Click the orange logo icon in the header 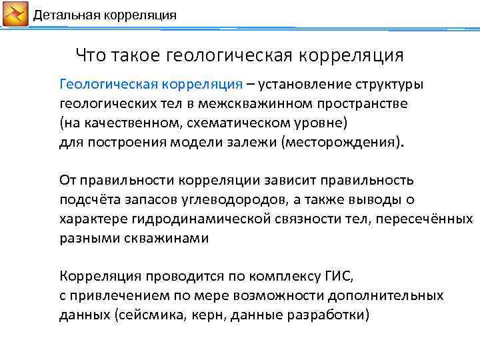(x=15, y=14)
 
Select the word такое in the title (x=135, y=55)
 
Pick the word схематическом (x=221, y=123)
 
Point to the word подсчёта (x=85, y=199)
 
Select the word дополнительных (x=389, y=295)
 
